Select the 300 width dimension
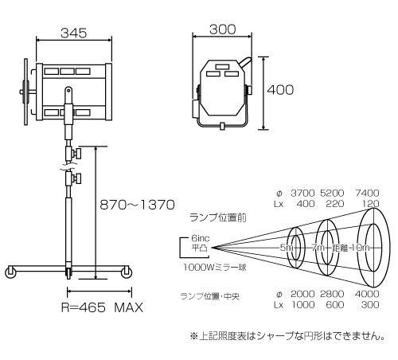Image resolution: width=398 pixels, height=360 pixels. coord(224,29)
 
